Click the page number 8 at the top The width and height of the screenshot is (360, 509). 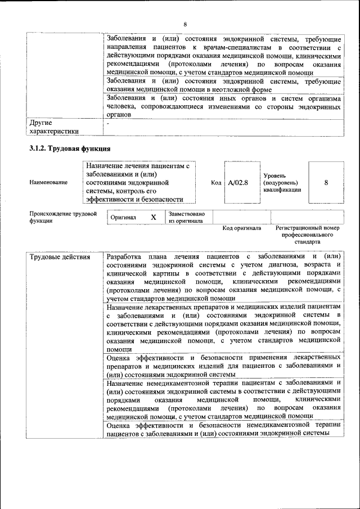coord(184,24)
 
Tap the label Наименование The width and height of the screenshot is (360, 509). coord(48,182)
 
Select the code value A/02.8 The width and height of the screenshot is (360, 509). coord(238,182)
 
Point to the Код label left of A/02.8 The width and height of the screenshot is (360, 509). coord(216,182)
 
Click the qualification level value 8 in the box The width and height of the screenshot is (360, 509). coord(326,182)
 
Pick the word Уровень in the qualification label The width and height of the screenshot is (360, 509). coord(275,175)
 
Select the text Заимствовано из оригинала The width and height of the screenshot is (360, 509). coord(186,217)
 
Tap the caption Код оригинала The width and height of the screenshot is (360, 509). coord(241,228)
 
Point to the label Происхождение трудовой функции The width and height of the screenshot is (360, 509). coord(63,217)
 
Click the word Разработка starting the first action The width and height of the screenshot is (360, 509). coord(127,257)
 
